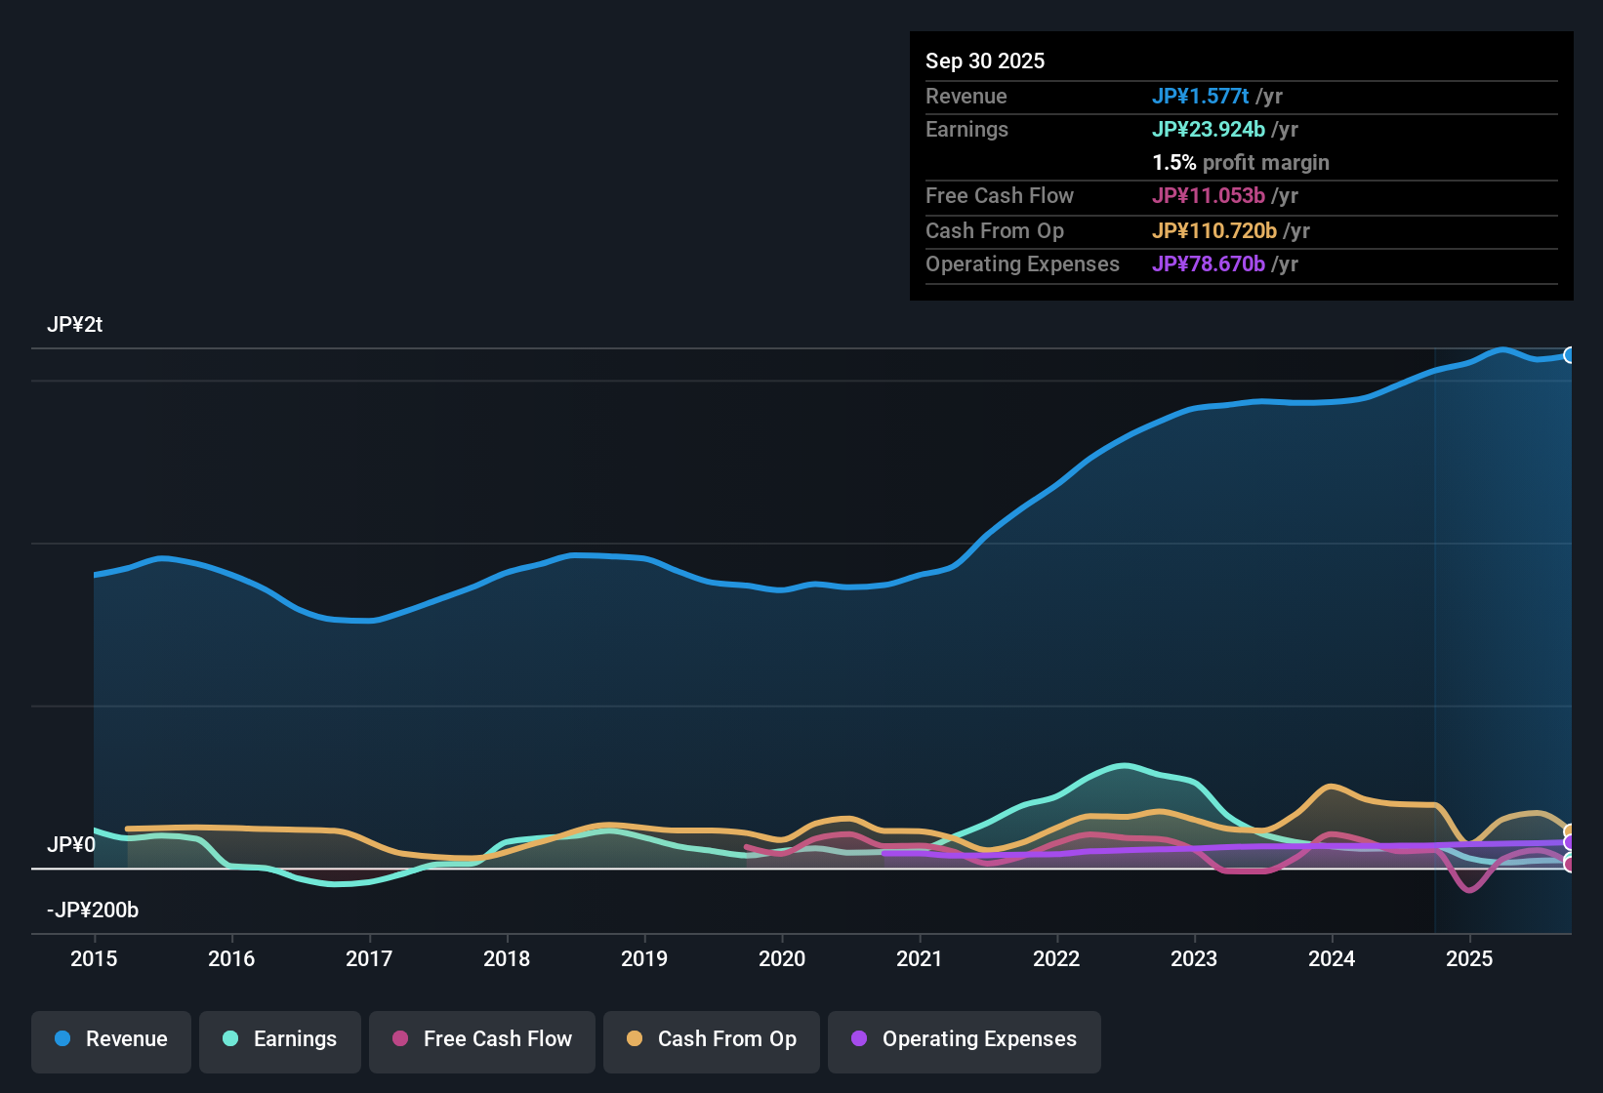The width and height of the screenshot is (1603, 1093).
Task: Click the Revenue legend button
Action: (111, 1039)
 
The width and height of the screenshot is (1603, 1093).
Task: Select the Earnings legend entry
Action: (280, 1039)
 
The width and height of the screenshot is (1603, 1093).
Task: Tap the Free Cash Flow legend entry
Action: (482, 1039)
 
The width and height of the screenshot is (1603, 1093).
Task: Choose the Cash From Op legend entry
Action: (712, 1039)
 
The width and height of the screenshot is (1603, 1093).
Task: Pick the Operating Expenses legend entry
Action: (965, 1039)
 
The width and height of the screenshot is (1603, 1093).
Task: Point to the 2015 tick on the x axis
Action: (94, 958)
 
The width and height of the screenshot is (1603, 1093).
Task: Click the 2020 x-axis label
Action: (782, 958)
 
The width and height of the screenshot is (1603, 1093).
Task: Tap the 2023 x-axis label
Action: (1194, 958)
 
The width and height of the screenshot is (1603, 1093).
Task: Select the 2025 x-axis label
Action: (1469, 958)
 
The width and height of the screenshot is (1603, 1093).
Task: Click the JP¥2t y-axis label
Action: (74, 325)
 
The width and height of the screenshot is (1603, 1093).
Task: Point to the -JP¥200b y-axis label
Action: (93, 911)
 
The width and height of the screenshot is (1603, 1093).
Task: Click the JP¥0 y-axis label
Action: (70, 845)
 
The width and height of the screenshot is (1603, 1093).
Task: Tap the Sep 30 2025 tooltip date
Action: (984, 61)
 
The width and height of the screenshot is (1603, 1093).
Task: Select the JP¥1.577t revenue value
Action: (1200, 96)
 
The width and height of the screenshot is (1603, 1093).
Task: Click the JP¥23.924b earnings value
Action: (1208, 129)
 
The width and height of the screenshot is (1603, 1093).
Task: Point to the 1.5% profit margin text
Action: (1240, 162)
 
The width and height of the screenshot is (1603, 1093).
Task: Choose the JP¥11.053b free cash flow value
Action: (1208, 195)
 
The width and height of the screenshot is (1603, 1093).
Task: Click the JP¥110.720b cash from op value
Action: (1213, 230)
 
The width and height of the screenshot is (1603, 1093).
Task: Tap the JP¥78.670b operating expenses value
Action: (1208, 263)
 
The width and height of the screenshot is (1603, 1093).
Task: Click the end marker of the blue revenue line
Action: (1569, 355)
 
